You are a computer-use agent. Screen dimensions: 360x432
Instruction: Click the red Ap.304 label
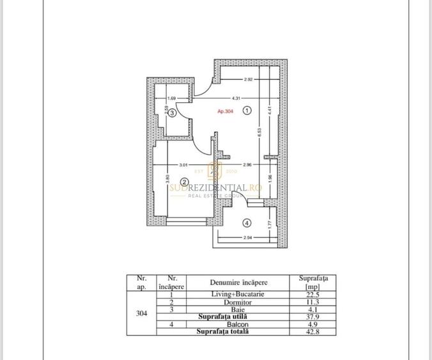coord(226,111)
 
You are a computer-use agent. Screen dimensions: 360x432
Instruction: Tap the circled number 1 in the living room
coord(248,110)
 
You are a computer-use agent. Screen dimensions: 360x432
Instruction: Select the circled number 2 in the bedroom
coord(183,182)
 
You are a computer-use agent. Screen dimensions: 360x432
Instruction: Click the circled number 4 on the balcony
coord(248,223)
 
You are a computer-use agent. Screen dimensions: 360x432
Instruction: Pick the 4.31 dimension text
coord(235,98)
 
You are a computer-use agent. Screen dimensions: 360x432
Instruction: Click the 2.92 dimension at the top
coord(249,80)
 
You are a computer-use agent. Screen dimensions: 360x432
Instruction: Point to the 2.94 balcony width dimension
coord(248,238)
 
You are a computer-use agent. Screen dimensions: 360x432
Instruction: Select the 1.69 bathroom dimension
coord(171,98)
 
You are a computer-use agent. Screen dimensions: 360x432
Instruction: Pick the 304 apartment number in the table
coord(142,313)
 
